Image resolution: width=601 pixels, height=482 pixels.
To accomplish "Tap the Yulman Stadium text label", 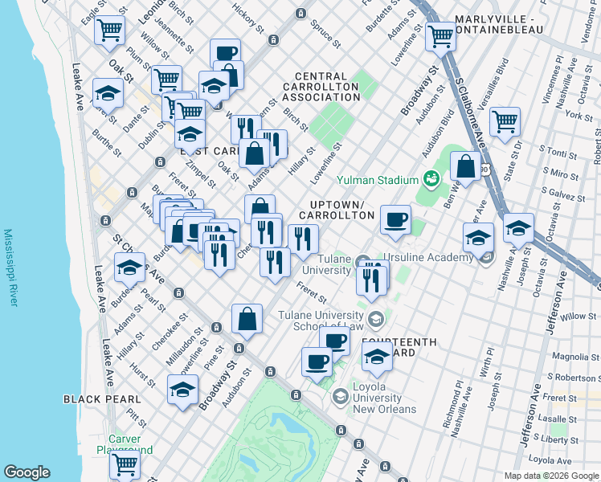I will [378, 180].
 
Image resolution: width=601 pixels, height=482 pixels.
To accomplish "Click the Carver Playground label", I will [120, 444].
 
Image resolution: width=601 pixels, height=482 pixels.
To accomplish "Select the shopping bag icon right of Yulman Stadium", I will [465, 166].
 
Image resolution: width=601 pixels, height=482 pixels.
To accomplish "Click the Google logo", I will [27, 472].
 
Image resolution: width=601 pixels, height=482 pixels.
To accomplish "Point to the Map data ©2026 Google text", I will [551, 476].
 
